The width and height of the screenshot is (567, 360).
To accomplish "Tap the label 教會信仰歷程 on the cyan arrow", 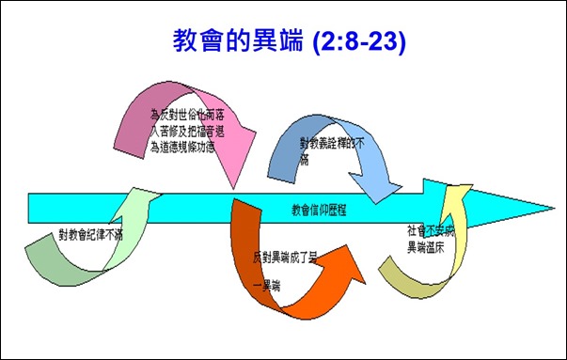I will [x=319, y=210].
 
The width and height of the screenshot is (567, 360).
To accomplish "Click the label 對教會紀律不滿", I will [x=90, y=235].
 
